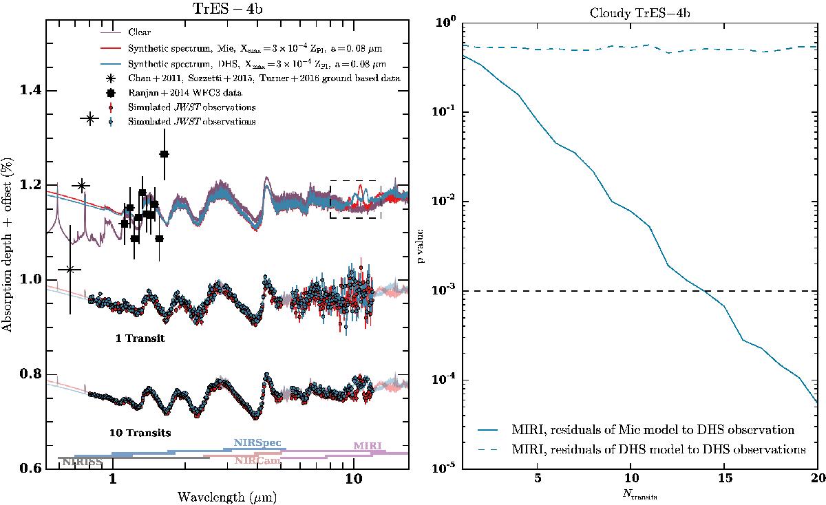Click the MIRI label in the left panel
pyautogui.click(x=367, y=447)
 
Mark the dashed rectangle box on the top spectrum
pyautogui.click(x=355, y=200)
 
